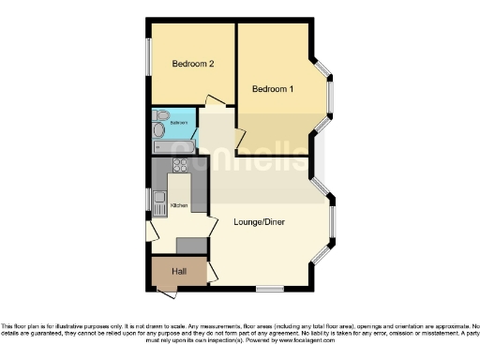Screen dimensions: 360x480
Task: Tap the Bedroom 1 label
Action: pos(273,89)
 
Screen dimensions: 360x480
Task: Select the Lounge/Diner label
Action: pos(260,222)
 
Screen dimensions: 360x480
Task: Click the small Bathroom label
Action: pos(178,123)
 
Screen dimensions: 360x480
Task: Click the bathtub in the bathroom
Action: pos(173,146)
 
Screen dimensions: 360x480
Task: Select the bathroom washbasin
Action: pos(159,132)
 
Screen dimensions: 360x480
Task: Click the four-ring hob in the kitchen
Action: pos(179,166)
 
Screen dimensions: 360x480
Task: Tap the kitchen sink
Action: pos(159,199)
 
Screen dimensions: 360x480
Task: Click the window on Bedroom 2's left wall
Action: pos(147,62)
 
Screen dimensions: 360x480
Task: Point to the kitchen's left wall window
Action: pos(148,199)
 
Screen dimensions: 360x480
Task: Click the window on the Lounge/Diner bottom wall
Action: pos(270,286)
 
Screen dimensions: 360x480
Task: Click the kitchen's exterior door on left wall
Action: pos(150,231)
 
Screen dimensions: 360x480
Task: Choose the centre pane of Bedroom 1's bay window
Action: pos(331,93)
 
